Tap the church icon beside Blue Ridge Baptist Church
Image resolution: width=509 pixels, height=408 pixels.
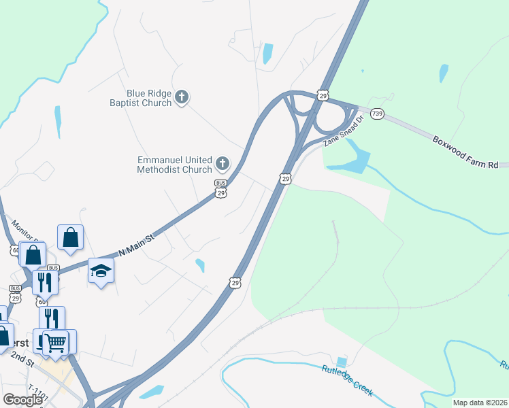[x=182, y=97]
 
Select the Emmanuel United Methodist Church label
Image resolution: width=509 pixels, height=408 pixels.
[x=175, y=164]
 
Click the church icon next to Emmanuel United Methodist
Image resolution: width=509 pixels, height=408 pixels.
[x=223, y=163]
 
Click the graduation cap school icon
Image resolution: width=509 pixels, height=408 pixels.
[x=101, y=271]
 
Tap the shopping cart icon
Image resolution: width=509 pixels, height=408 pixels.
[x=56, y=341]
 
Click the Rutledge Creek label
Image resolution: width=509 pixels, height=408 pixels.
[x=347, y=379]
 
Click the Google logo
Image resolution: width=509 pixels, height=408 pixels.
[x=22, y=399]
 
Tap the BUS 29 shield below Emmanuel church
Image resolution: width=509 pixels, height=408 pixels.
[x=220, y=188]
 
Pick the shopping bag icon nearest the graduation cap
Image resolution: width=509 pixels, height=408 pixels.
[x=70, y=237]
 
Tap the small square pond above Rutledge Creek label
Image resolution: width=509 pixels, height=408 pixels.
[x=341, y=362]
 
